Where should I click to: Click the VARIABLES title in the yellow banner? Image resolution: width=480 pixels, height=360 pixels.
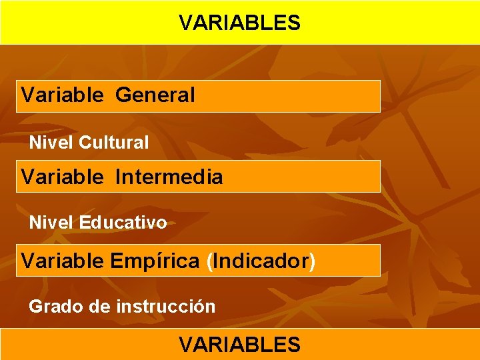click(239, 23)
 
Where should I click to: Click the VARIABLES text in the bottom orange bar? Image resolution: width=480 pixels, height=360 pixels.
click(239, 345)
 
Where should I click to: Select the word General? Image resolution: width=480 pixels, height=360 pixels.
click(155, 95)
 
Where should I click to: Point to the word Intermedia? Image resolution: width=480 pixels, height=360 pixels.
click(169, 177)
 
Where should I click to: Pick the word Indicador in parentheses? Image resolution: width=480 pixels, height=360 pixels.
click(261, 261)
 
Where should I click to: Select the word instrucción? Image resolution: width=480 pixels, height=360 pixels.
click(166, 307)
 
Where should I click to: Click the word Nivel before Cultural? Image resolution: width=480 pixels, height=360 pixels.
click(51, 142)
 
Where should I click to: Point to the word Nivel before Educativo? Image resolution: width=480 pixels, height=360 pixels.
click(51, 223)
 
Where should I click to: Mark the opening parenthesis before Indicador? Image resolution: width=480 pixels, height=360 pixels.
click(210, 261)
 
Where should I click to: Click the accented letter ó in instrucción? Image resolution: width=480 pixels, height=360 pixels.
click(201, 307)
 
